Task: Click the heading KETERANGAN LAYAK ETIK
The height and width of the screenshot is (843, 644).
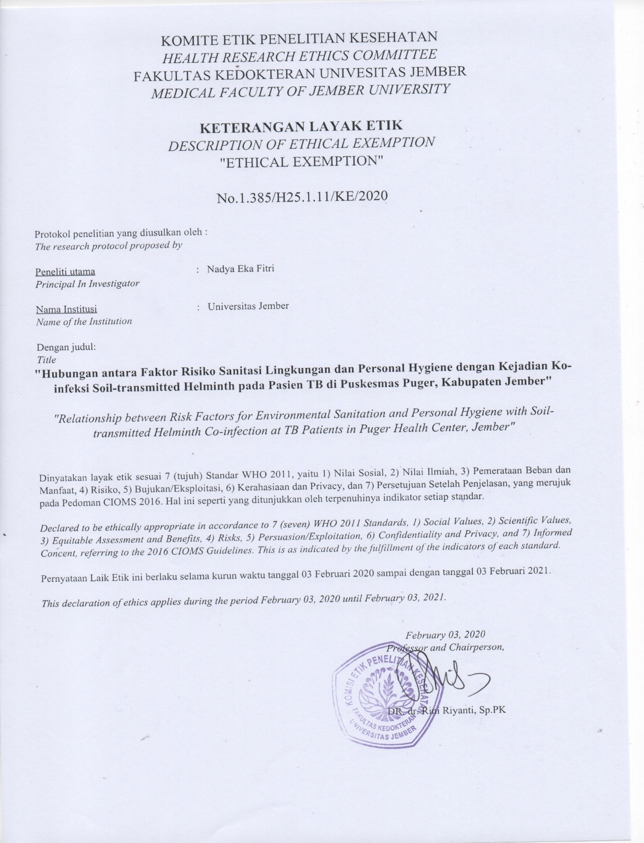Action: coord(301,125)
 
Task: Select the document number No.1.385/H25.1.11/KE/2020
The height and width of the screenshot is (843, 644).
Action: coord(302,196)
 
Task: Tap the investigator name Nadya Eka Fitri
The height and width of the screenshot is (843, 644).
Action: coord(240,268)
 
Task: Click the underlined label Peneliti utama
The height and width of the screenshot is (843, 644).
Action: coord(65,272)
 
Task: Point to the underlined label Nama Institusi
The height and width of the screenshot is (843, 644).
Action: coord(66,309)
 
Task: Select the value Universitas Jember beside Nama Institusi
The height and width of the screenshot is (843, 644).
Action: coord(248,306)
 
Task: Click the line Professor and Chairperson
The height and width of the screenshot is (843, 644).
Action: coord(445,647)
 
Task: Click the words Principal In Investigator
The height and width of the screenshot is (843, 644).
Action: coord(87,284)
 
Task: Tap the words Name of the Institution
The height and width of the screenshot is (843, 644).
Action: coord(83,321)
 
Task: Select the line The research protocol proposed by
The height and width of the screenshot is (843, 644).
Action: coord(108,247)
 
